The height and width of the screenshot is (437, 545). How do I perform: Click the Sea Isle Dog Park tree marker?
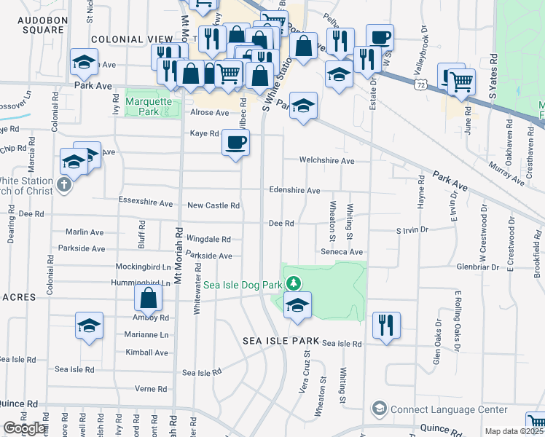[x=293, y=283]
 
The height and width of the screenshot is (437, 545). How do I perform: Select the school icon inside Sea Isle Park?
[x=297, y=307]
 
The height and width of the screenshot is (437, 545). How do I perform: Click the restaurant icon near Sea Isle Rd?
[x=386, y=326]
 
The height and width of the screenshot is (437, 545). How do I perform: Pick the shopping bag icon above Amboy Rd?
[x=148, y=299]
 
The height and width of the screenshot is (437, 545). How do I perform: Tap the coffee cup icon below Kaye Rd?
[x=235, y=143]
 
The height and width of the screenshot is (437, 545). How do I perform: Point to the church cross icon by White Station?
[x=63, y=184]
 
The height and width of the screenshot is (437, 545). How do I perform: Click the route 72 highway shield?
[x=420, y=85]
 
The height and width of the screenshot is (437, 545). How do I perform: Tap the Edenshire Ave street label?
[x=294, y=190]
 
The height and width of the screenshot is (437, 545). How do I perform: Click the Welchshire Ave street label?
[x=326, y=160]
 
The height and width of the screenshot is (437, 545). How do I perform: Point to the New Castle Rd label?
[x=213, y=205]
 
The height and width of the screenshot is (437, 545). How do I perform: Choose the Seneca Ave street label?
[x=342, y=251]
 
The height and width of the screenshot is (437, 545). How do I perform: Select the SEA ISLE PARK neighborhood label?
[x=282, y=341]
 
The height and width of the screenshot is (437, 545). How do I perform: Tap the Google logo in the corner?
[x=24, y=428]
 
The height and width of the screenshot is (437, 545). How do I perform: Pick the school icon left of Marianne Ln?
[x=89, y=327]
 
